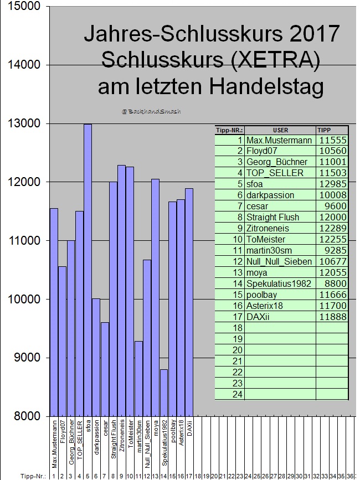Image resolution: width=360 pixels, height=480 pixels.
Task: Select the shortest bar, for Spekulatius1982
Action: (x=163, y=393)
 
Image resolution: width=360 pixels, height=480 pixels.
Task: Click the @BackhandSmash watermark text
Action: (x=151, y=111)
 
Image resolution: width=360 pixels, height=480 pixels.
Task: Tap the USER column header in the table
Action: (x=280, y=130)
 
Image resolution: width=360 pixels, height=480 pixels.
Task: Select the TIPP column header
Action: (x=323, y=130)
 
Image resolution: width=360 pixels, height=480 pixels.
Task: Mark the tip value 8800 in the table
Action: (x=332, y=283)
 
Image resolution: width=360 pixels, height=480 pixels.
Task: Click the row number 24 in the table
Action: (x=236, y=394)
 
